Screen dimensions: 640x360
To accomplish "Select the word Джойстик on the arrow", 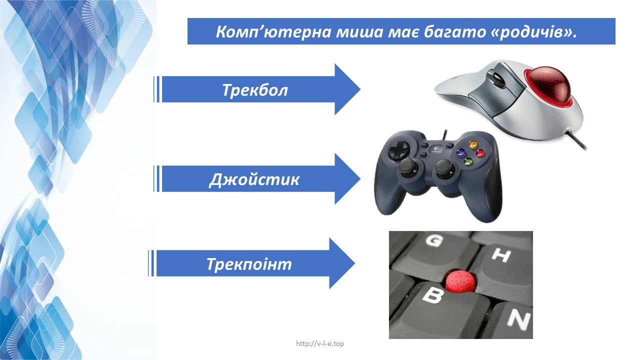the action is click(x=254, y=179).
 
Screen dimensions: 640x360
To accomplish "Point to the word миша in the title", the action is click(x=359, y=31).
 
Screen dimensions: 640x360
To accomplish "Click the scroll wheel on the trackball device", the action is click(x=497, y=78).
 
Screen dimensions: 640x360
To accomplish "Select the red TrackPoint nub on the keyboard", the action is click(x=461, y=282).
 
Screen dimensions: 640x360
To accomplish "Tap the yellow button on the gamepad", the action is click(x=473, y=144).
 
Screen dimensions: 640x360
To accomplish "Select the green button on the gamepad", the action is click(x=467, y=161).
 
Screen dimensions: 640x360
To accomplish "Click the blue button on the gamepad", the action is click(x=460, y=153).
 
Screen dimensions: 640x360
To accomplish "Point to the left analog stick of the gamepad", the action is click(x=408, y=169).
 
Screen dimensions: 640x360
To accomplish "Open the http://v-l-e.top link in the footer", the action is click(x=320, y=343).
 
